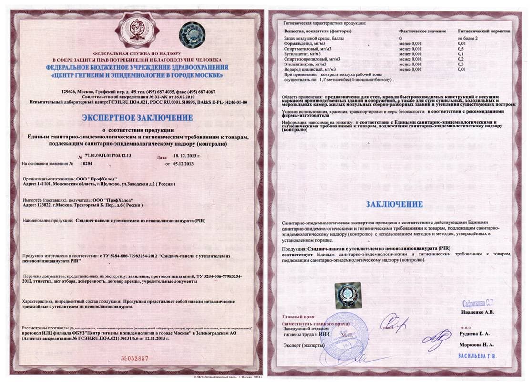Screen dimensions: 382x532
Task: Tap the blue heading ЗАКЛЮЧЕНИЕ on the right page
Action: tap(394, 204)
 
